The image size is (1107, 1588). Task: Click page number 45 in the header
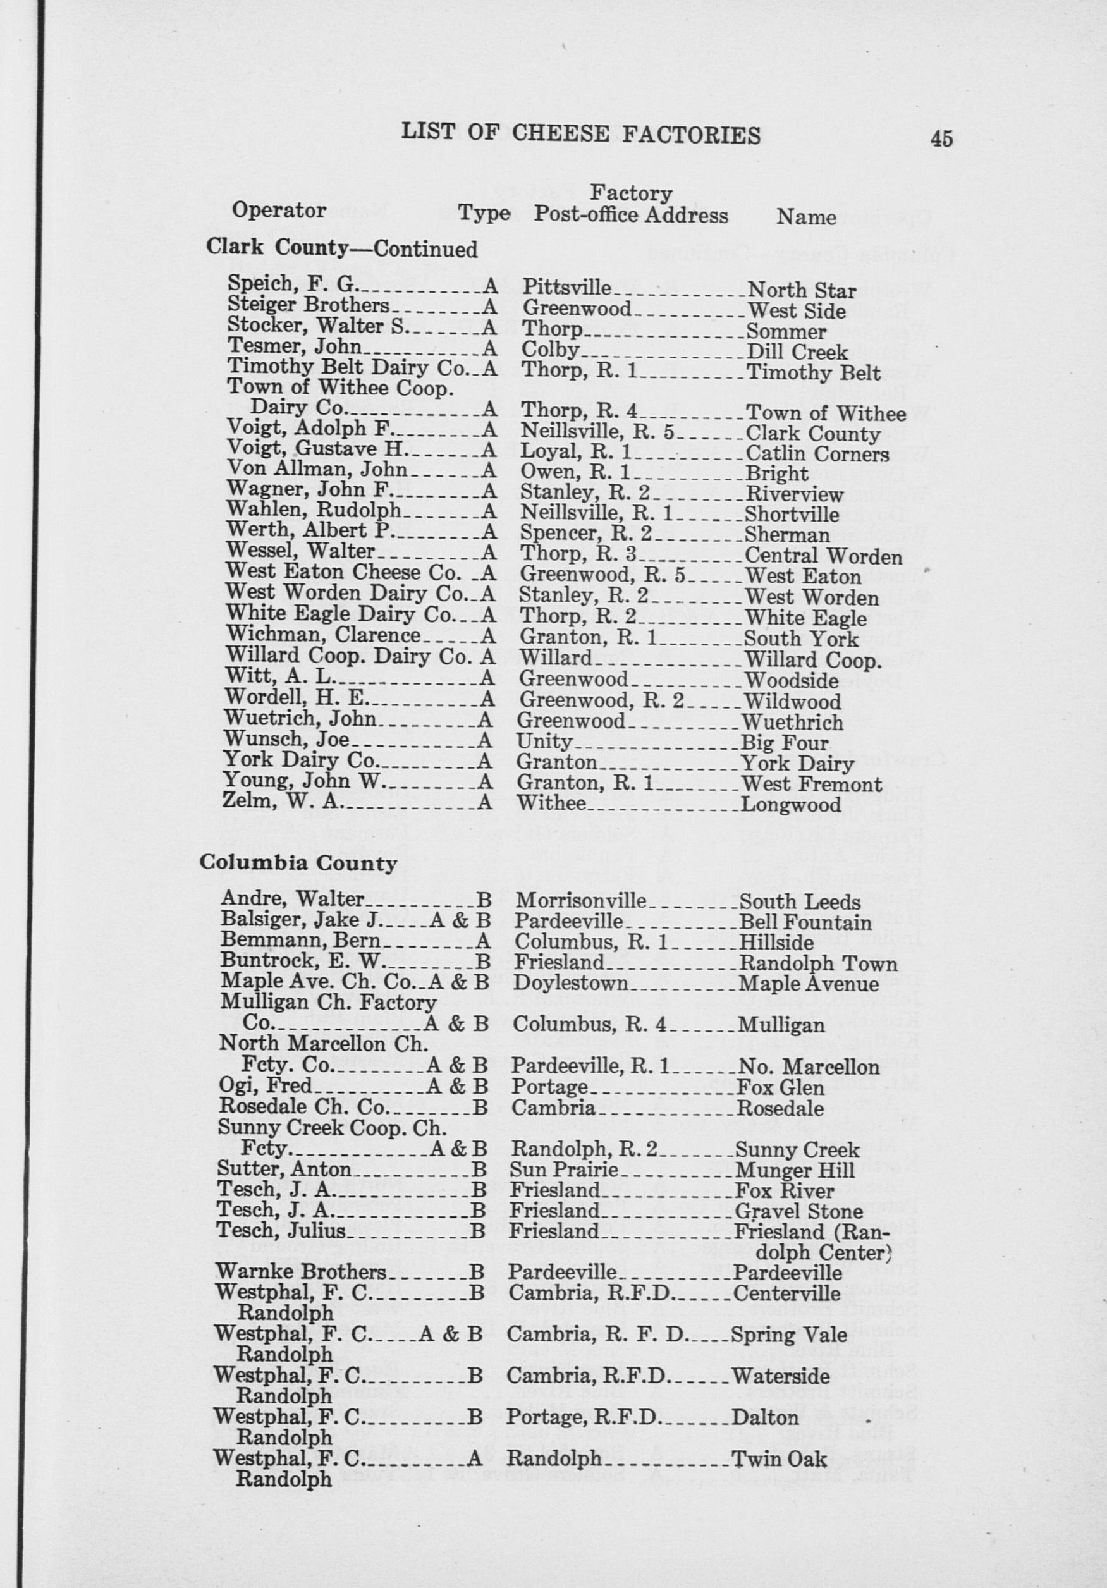tap(941, 138)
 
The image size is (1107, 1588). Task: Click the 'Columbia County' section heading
tap(298, 864)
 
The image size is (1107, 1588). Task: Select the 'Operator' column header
tap(279, 210)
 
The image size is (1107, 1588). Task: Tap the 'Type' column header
tap(484, 214)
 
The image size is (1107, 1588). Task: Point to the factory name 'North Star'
tap(802, 291)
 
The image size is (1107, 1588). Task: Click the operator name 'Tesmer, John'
tap(295, 346)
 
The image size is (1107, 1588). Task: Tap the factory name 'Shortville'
tap(792, 515)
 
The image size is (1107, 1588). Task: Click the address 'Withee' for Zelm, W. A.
tap(551, 803)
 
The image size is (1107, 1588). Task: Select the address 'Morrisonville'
tap(580, 901)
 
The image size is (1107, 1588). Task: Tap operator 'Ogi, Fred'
tap(266, 1087)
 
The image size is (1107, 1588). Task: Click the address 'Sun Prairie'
tap(563, 1170)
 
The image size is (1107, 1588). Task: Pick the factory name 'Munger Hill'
tap(794, 1170)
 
